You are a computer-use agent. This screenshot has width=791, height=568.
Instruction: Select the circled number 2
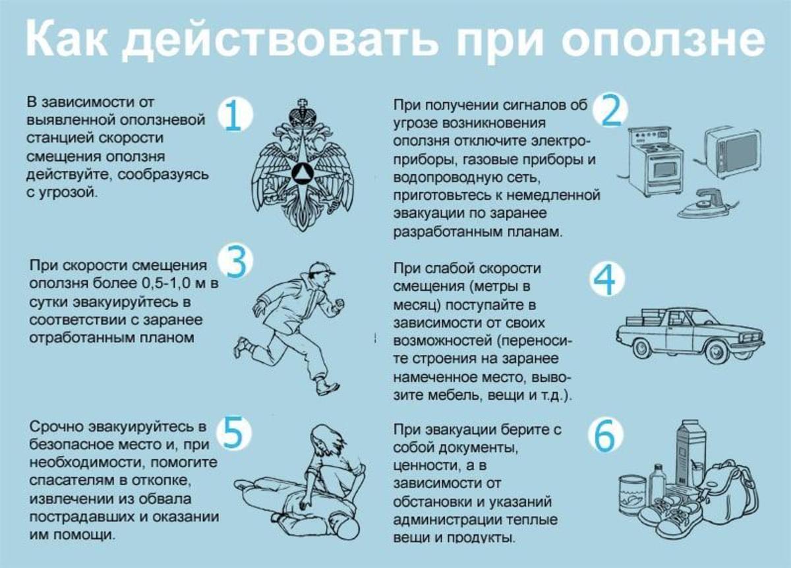click(610, 110)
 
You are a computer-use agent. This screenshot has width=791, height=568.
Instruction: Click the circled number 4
click(605, 280)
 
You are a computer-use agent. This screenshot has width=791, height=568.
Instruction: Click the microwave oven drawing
click(732, 152)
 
